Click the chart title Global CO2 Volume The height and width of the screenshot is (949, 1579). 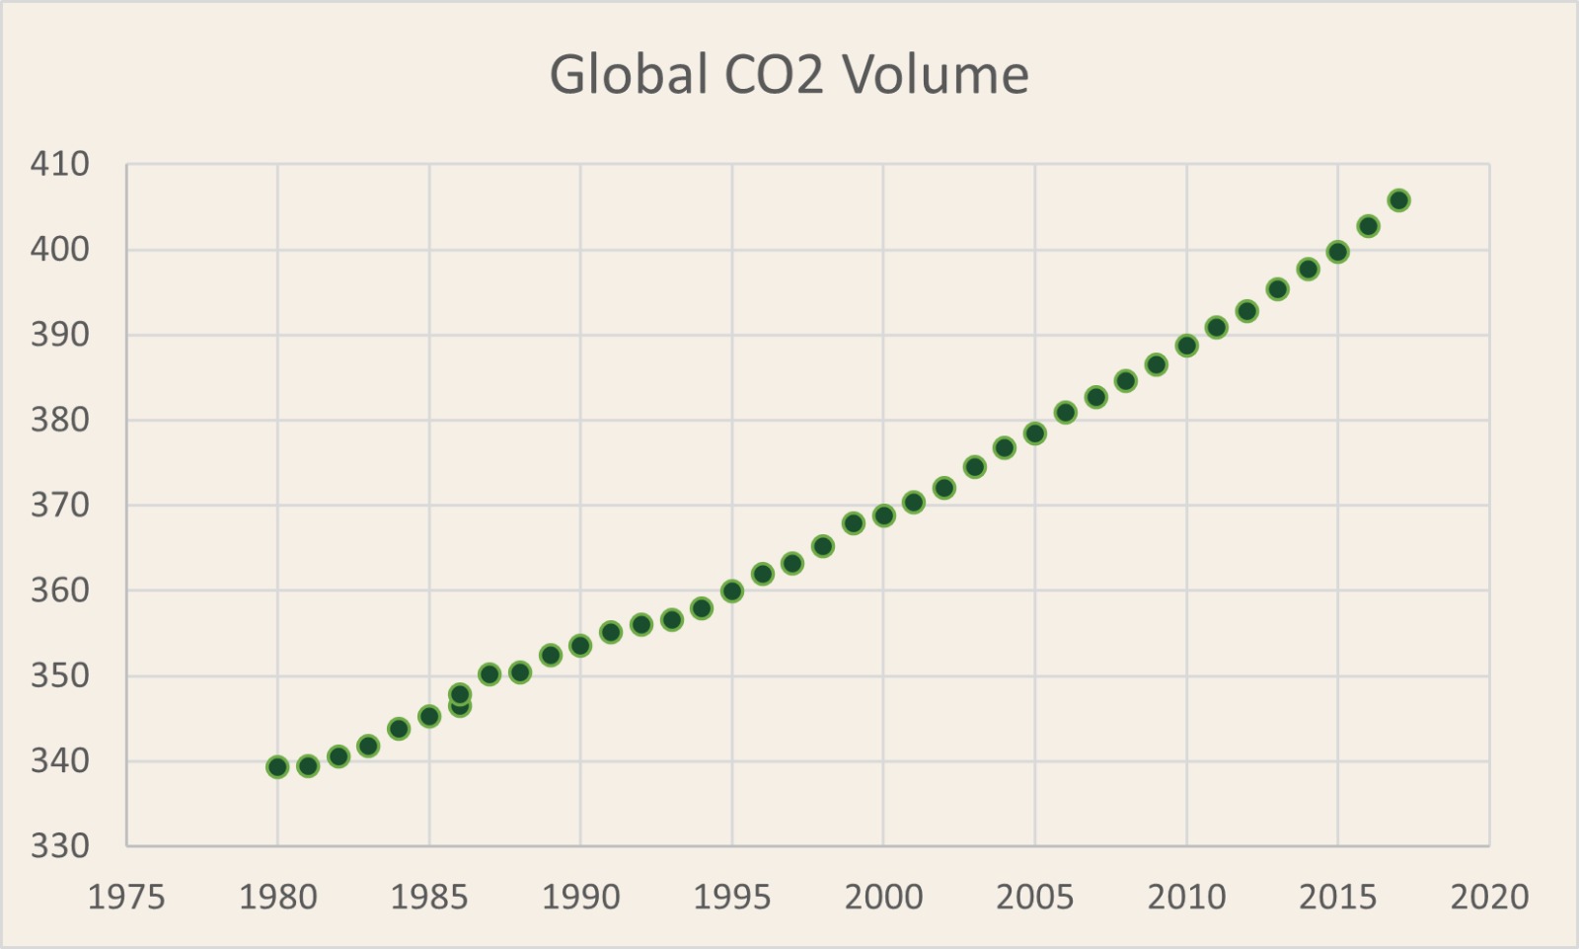pos(789,75)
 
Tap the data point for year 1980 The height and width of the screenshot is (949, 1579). pos(277,767)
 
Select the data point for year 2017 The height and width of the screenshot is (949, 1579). pos(1398,200)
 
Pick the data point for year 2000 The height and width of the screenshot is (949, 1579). pos(883,515)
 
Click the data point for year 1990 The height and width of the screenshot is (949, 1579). pos(580,646)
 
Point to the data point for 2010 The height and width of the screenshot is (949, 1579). pos(1186,346)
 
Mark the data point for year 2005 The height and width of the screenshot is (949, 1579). pos(1034,434)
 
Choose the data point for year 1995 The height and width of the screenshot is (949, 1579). pos(731,592)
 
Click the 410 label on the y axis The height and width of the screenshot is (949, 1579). pos(60,164)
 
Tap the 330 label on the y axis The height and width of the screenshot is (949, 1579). pos(60,846)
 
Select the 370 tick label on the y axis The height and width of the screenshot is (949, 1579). pos(60,506)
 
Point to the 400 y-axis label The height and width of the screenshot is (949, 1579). pos(60,249)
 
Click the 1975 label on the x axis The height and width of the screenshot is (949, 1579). pos(126,898)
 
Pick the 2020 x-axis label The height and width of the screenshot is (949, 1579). pos(1489,898)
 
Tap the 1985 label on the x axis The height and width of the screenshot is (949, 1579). pos(429,898)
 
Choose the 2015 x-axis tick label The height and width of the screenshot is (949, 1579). pos(1337,898)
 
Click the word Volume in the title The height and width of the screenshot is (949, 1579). pos(936,75)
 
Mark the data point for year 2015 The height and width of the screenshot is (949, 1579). pos(1337,252)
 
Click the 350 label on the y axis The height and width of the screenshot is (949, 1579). pos(60,676)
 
